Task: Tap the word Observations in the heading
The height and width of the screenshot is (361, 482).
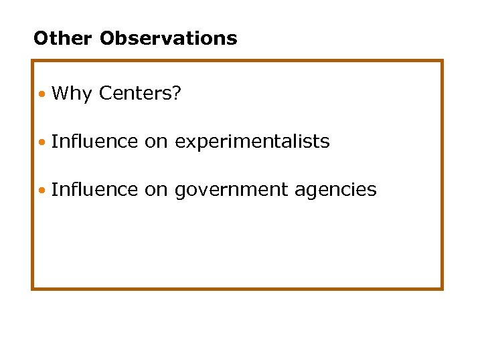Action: click(x=168, y=38)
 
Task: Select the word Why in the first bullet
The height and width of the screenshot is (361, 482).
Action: click(x=71, y=94)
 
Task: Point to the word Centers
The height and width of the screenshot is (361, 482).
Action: click(x=136, y=94)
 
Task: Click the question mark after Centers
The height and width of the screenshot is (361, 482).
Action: click(x=177, y=94)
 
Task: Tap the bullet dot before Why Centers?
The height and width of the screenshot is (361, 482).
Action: click(x=42, y=94)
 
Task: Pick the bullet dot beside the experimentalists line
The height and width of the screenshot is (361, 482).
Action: click(x=42, y=142)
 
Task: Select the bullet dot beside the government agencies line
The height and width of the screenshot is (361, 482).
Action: click(x=42, y=191)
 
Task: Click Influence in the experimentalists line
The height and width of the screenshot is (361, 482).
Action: click(x=94, y=142)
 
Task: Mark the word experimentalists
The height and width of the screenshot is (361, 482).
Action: click(x=252, y=142)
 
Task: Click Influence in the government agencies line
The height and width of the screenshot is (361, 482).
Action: click(x=94, y=190)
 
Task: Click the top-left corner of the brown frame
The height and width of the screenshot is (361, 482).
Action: click(x=33, y=62)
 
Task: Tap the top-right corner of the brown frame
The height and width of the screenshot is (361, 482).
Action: click(x=442, y=62)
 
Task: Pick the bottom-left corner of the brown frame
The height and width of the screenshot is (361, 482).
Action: click(x=33, y=288)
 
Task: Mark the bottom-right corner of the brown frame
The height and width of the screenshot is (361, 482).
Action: click(x=442, y=288)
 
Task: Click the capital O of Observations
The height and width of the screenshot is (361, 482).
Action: click(x=107, y=38)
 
